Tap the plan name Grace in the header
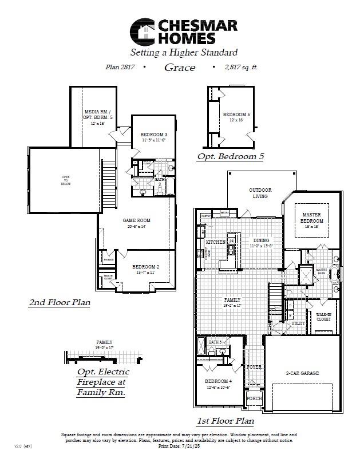point(180,68)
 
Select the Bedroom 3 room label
point(154,135)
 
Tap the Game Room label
point(136,220)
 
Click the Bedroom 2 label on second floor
point(145,267)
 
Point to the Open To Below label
point(66,180)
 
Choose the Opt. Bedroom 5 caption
point(230,156)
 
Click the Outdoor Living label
point(260,193)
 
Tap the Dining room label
point(261,240)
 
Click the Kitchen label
point(215,243)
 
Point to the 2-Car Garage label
point(302,373)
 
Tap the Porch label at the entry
point(254,398)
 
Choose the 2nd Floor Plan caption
point(59,302)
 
